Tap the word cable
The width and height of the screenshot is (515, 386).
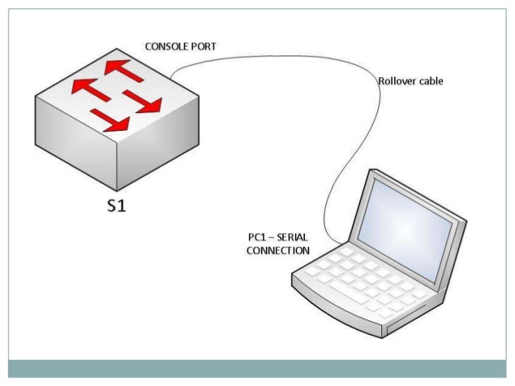[431, 81]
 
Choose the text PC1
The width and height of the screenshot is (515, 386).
[255, 238]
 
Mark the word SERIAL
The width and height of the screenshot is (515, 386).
[292, 238]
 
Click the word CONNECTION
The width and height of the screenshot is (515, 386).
[277, 250]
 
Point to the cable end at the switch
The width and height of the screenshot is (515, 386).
[171, 75]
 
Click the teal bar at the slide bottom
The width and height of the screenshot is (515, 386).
[257, 369]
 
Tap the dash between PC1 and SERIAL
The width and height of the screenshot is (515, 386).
[271, 238]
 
